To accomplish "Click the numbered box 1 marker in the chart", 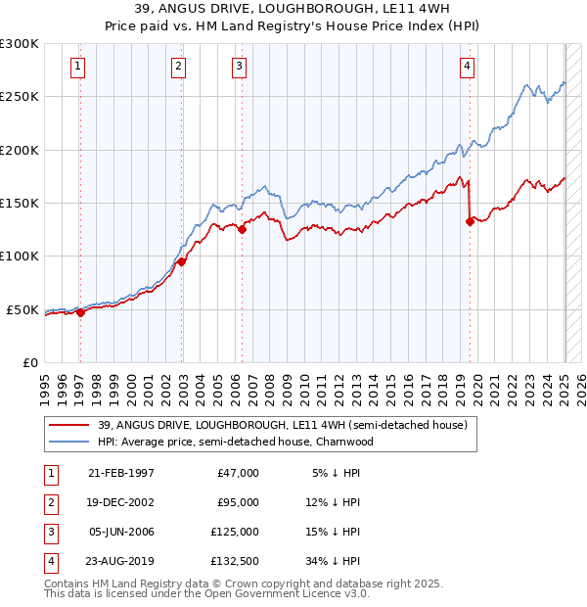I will point(77,67).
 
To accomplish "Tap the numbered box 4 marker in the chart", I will point(468,67).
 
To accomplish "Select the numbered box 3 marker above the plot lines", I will point(240,67).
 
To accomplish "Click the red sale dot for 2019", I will point(470,221).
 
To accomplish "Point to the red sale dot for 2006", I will point(243,230).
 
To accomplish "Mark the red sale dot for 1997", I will point(80,312).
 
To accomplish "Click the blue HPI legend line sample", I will point(68,442).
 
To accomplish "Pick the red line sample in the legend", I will point(68,426).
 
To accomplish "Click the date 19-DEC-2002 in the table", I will point(120,502).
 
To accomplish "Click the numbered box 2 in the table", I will point(51,502).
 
